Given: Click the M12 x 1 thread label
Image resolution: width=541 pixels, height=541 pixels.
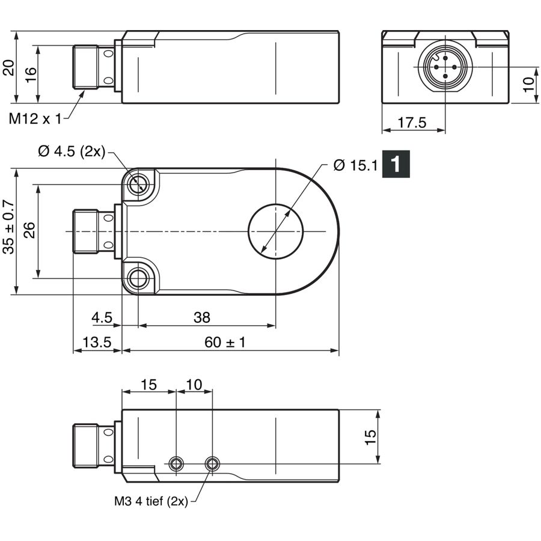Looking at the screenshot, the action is [35, 119].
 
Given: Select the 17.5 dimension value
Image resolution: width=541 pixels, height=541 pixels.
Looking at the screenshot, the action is [412, 123].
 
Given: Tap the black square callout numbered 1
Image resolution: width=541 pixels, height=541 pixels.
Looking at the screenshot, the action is [396, 164].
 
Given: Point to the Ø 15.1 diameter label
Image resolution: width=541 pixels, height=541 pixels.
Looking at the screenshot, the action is [356, 166].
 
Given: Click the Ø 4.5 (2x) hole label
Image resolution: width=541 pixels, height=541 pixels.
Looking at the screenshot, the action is [72, 151].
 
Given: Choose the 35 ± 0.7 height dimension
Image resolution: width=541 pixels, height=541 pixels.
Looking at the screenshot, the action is [8, 227].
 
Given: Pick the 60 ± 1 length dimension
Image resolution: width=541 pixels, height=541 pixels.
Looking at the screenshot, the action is [225, 342].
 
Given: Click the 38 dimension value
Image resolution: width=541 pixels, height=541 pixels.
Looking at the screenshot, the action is [202, 317].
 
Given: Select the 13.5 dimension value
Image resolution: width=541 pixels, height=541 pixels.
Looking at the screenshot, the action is [97, 342].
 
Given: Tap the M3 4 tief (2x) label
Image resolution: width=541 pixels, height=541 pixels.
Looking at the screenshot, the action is [151, 501].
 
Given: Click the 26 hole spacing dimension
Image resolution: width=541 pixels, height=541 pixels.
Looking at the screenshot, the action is [29, 230].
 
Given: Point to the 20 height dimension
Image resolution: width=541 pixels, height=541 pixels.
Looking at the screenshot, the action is [8, 67].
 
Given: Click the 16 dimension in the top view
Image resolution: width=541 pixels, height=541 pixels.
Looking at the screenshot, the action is [31, 75].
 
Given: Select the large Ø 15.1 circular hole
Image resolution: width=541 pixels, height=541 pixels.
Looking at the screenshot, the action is [276, 231].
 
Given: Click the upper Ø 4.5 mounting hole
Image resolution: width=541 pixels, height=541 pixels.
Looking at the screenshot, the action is [138, 185].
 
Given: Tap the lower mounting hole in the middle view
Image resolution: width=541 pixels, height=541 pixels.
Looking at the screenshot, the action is [138, 278].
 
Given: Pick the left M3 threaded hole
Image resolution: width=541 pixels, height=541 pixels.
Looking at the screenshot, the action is [176, 463].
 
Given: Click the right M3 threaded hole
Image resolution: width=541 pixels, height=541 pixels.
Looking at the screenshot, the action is [212, 463].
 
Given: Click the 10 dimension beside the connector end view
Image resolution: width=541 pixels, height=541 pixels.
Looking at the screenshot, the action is [528, 85].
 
